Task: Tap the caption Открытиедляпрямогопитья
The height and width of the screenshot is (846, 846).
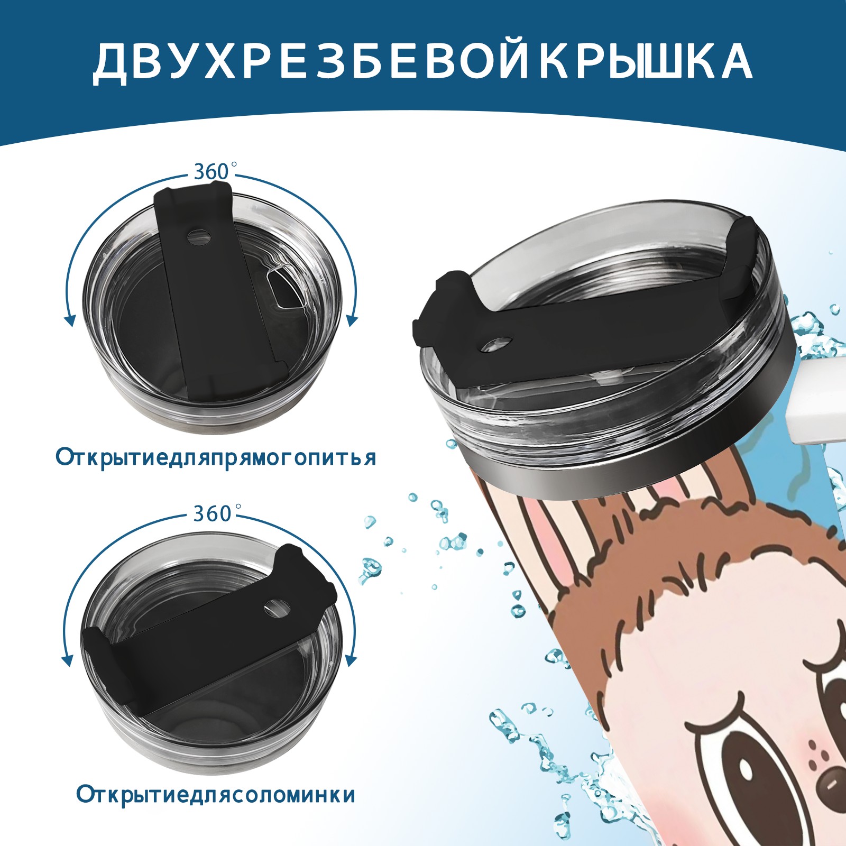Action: click(x=216, y=458)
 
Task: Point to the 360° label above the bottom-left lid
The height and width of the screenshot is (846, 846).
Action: click(x=212, y=513)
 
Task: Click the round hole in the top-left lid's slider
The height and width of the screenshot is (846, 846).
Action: click(x=199, y=236)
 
